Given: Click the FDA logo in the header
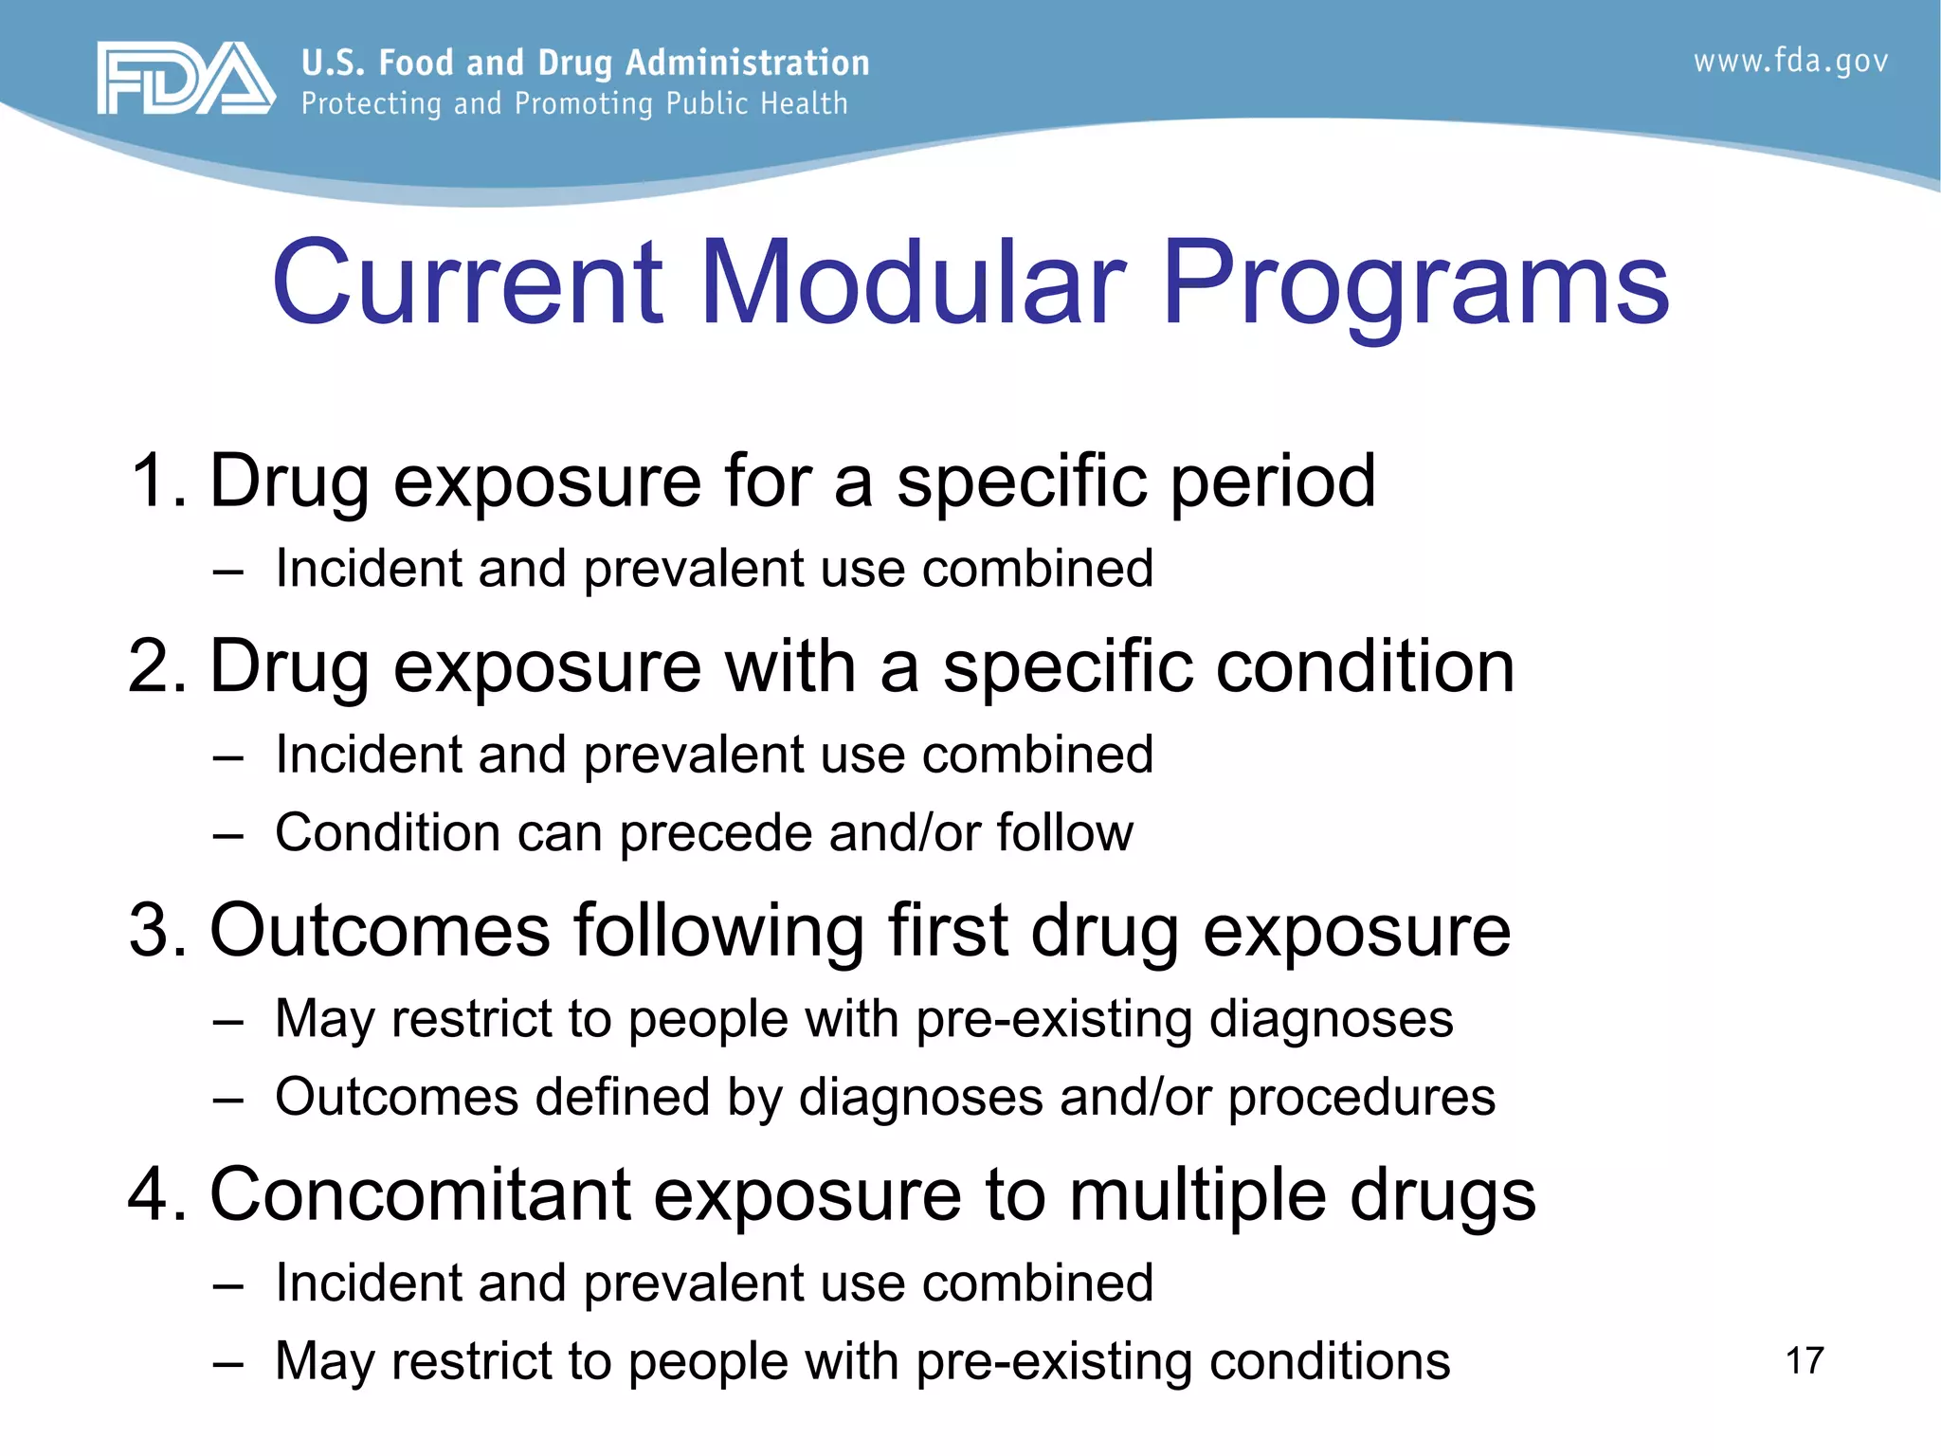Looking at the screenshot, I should tap(186, 79).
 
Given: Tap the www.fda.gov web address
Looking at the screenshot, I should tap(1790, 62).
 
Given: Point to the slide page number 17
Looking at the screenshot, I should tap(1805, 1361).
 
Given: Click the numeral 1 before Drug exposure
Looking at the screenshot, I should tap(152, 481).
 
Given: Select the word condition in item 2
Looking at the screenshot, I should tap(1365, 666).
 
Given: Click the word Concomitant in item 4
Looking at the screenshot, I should tap(420, 1194).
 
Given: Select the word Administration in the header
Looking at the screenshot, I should tap(747, 63).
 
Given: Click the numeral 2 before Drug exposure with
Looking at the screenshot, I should tap(151, 666).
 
